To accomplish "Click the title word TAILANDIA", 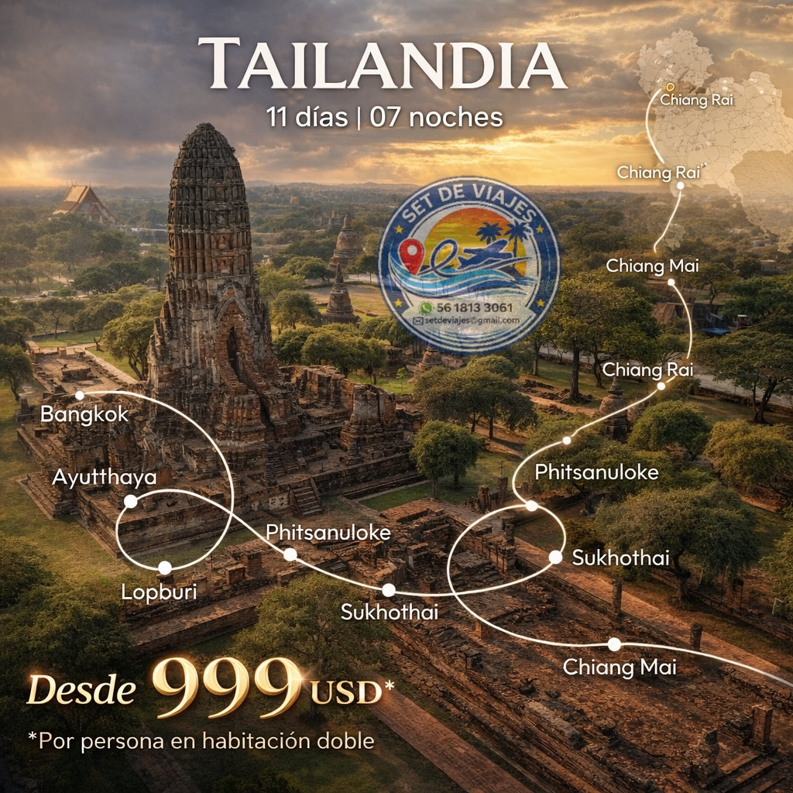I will pos(381,64).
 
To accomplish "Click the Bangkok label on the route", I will pos(84,414).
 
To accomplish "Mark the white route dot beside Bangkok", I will pos(79,396).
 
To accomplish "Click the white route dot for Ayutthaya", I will pos(131,502).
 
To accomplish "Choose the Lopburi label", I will pos(159,592).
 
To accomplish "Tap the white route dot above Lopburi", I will pos(164,568).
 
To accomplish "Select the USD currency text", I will pos(346,692).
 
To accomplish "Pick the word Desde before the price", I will pos(82,689).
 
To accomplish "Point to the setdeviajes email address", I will pos(471,320).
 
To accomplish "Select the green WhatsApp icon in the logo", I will pos(424,307).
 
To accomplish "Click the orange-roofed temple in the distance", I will pos(83,201).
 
